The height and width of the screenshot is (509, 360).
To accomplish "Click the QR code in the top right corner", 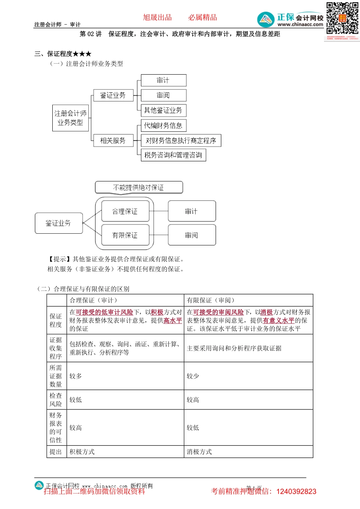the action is click(342, 19).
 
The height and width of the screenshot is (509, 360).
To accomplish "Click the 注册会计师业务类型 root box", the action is click(70, 118).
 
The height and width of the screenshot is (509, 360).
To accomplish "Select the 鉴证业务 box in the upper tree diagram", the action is click(113, 95).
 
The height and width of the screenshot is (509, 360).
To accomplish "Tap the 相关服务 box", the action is click(113, 141).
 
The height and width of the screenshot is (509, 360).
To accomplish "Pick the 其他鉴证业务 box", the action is click(163, 110).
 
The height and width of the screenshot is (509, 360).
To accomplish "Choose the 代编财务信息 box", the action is click(163, 125).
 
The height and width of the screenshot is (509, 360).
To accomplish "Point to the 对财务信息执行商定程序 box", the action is click(181, 141).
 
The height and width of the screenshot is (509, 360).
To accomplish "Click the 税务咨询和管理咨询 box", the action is click(173, 155).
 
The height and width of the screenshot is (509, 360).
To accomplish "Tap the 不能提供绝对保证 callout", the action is click(139, 187).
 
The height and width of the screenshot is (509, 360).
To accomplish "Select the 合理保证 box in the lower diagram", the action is click(125, 211).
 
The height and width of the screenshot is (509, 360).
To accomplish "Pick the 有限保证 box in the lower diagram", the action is click(125, 235).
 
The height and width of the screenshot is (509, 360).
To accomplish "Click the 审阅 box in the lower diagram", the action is click(192, 235).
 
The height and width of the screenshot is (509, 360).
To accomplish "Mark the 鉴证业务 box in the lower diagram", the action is click(58, 223).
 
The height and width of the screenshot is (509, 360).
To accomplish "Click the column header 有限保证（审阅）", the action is click(211, 300).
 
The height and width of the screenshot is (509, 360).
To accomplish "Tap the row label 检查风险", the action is click(56, 400).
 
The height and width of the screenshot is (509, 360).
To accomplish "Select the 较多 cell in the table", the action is click(76, 376).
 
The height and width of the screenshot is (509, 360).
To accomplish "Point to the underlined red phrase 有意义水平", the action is click(279, 320).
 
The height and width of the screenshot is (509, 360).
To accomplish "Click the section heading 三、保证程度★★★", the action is click(63, 54).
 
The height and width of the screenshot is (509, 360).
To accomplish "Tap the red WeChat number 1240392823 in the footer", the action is click(296, 492).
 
